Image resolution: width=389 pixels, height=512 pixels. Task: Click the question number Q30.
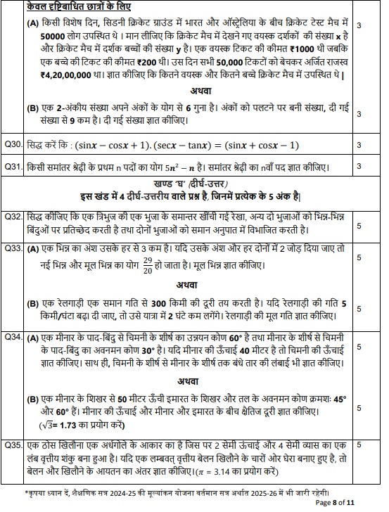[x=13, y=145]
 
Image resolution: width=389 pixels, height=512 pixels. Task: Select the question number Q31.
[x=13, y=167]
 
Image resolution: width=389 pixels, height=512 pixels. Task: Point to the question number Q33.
[x=13, y=249]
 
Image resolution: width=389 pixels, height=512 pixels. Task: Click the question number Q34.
[x=13, y=338]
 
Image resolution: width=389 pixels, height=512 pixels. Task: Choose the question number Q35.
[x=13, y=445]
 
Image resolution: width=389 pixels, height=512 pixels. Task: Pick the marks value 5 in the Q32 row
[x=359, y=226]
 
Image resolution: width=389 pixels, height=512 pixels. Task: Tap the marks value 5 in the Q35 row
[x=359, y=445]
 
